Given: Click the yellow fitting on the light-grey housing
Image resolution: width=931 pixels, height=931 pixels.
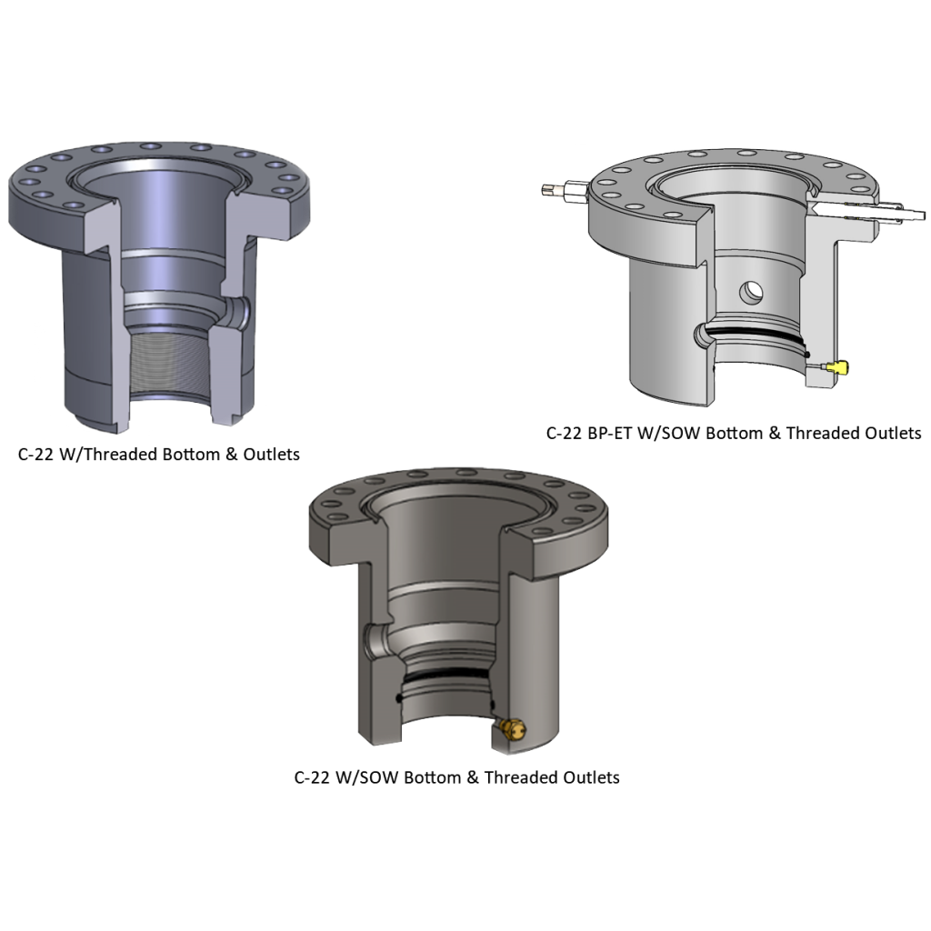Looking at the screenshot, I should [837, 367].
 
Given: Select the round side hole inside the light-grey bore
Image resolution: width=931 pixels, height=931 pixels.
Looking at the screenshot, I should [752, 292].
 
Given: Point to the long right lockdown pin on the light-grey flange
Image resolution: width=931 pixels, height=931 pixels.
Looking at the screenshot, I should [873, 212].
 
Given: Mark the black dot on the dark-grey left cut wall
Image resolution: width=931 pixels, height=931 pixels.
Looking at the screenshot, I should [399, 697].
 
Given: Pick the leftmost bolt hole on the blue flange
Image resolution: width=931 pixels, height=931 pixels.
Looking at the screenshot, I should [15, 181].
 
